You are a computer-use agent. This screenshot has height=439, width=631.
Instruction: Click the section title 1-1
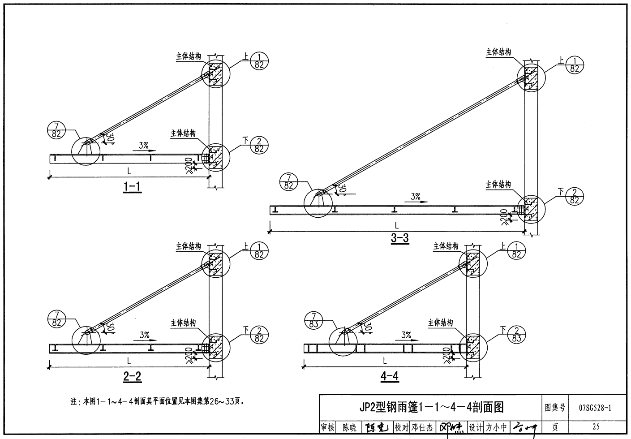[132, 187]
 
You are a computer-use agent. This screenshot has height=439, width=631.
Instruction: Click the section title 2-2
[132, 377]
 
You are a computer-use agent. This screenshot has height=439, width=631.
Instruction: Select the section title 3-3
[400, 238]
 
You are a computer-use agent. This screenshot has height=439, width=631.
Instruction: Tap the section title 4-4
[390, 377]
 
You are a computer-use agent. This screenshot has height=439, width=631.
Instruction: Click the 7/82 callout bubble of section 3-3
[288, 181]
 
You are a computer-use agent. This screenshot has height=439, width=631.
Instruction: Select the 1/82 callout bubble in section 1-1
[259, 61]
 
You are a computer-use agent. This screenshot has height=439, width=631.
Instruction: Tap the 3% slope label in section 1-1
[143, 145]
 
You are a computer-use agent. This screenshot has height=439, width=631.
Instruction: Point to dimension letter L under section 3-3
[397, 225]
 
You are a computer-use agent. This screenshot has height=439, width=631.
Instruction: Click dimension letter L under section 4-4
[384, 360]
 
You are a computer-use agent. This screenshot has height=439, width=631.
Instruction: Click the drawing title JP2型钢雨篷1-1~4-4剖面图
[431, 407]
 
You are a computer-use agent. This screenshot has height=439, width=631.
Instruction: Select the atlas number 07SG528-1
[595, 408]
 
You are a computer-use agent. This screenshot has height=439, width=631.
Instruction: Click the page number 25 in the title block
[595, 427]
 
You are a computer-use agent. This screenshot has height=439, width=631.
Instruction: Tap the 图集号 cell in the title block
[555, 408]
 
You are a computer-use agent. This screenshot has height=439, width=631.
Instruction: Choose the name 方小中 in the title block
[496, 427]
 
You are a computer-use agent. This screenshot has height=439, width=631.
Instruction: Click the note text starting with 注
[157, 401]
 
